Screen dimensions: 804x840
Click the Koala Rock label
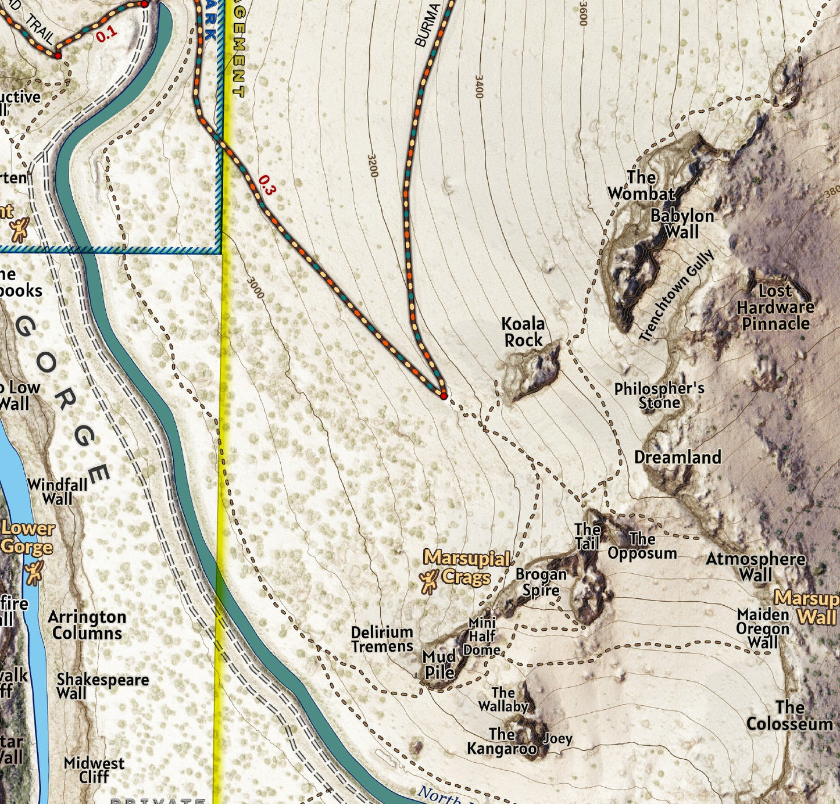click(x=523, y=332)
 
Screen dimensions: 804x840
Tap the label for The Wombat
click(x=641, y=185)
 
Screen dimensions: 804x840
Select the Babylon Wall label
click(x=682, y=224)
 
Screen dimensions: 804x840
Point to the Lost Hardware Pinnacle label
click(x=775, y=307)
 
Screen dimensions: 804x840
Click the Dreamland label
click(x=677, y=458)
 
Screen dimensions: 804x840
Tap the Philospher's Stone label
click(x=659, y=395)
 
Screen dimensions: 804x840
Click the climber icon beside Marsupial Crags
click(x=429, y=581)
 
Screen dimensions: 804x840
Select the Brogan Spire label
click(x=541, y=582)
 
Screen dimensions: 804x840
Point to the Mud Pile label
click(x=439, y=664)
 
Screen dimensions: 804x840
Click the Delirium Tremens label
click(x=382, y=639)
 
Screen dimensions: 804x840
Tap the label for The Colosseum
click(x=789, y=716)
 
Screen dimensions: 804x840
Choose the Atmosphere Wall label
click(x=756, y=567)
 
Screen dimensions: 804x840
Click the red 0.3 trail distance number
click(x=266, y=185)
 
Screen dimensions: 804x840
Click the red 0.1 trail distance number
click(x=106, y=34)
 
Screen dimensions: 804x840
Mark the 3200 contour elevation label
click(x=373, y=166)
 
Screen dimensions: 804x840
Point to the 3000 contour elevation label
click(x=255, y=288)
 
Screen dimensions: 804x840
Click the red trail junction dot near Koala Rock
click(x=444, y=396)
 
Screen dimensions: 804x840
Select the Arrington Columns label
click(x=87, y=625)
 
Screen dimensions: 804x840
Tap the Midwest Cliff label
click(x=94, y=770)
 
